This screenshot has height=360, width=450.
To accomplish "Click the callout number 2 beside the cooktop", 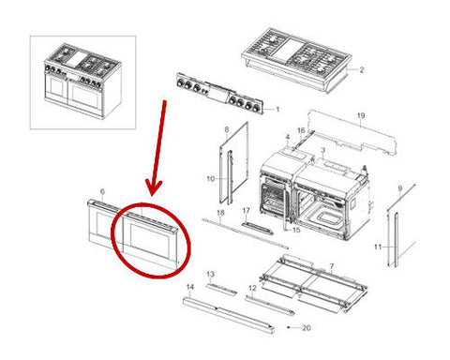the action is [362, 69].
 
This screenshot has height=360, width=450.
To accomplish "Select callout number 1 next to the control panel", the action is [277, 110].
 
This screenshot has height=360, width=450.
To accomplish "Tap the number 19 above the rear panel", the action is [361, 115].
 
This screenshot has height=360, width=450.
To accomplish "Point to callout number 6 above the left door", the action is [102, 191].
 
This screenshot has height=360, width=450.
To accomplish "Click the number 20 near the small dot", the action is [307, 328].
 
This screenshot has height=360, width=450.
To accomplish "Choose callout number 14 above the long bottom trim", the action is [190, 287].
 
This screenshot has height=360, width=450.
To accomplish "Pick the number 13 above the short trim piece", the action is [211, 274].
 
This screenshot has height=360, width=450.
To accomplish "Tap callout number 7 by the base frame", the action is [332, 266].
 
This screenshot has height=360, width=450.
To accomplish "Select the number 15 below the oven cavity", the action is [296, 230].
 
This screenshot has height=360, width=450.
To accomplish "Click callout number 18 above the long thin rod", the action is [220, 213].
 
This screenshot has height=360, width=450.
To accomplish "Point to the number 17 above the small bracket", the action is [247, 210].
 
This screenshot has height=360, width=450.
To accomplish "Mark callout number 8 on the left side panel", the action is [227, 129].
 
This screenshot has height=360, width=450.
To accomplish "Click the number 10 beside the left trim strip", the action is [211, 179].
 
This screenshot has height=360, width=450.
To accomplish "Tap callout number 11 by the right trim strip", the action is [378, 247].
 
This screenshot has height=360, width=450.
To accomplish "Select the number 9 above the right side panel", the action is [400, 188].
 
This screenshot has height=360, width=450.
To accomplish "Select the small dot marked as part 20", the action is [288, 328].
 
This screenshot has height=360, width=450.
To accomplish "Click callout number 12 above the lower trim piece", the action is [252, 289].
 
